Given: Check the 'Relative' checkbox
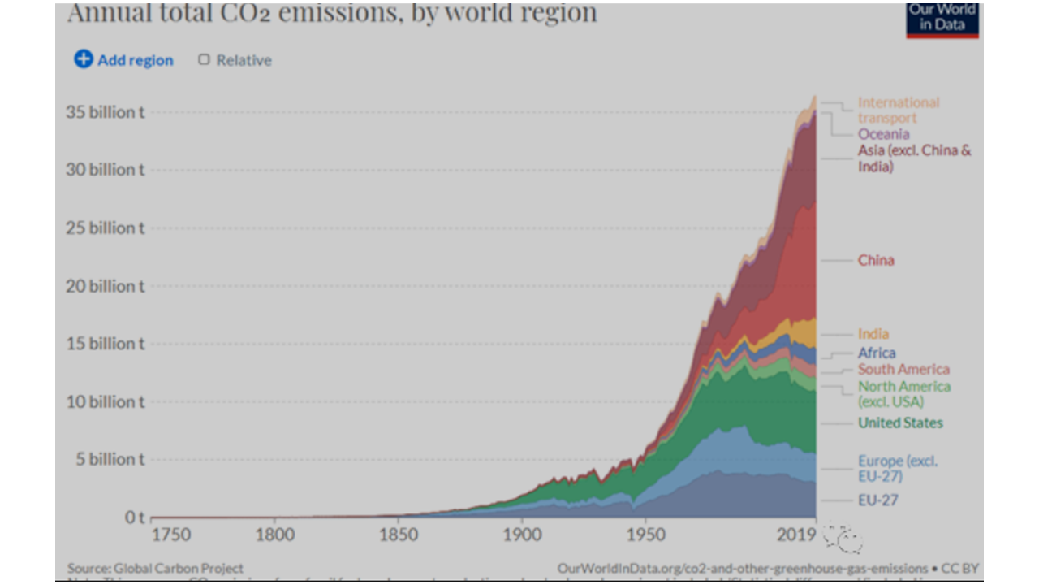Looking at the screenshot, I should [x=205, y=60].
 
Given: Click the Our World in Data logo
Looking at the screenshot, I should [x=942, y=18].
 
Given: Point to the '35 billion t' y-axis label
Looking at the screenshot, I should [x=105, y=112].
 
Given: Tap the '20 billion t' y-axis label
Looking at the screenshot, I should [x=105, y=286].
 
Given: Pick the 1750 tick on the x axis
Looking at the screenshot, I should [x=170, y=535].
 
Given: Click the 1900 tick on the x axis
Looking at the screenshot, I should [x=521, y=535].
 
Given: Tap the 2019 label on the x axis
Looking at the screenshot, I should [x=797, y=535].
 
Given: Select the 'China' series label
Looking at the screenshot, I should [x=876, y=261].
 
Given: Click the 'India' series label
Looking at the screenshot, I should [x=873, y=334].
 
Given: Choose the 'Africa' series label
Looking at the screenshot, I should [x=877, y=353].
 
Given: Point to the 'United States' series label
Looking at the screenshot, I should [x=900, y=422].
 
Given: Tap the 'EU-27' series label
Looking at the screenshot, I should [x=878, y=500].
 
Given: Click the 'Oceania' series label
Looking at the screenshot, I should [x=883, y=134].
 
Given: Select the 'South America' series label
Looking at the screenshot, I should [x=903, y=370].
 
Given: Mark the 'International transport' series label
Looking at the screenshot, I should [x=898, y=110].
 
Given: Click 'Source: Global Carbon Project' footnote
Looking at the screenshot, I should [x=155, y=569].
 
